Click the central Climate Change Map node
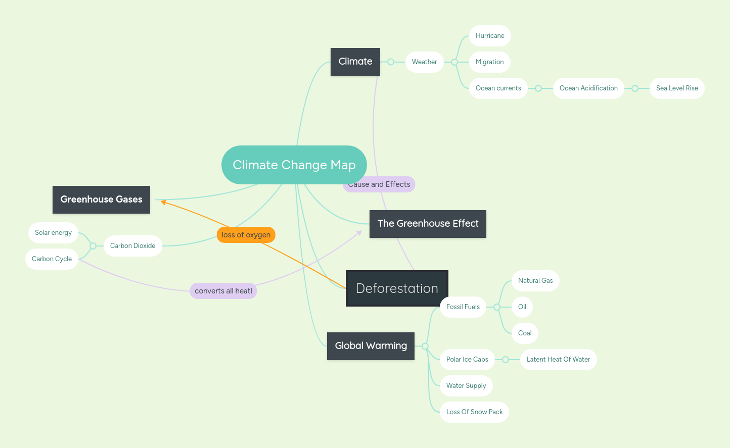coord(294,165)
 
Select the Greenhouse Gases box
coord(101,200)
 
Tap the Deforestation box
coord(397,288)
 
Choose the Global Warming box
coord(371,346)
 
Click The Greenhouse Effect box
coord(428,224)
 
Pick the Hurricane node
coord(490,36)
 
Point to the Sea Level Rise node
coord(677,88)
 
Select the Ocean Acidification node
coord(588,88)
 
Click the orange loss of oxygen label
coord(246,235)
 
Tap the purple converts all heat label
coord(223,291)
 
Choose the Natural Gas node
coord(535,281)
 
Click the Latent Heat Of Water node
coord(558,360)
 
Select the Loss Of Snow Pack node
coord(474,412)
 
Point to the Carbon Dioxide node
coord(132,246)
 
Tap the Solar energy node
coord(53,233)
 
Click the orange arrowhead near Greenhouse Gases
coord(163,202)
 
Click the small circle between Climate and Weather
coord(391,62)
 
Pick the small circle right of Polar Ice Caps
coord(506,360)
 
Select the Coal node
coord(525,333)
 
